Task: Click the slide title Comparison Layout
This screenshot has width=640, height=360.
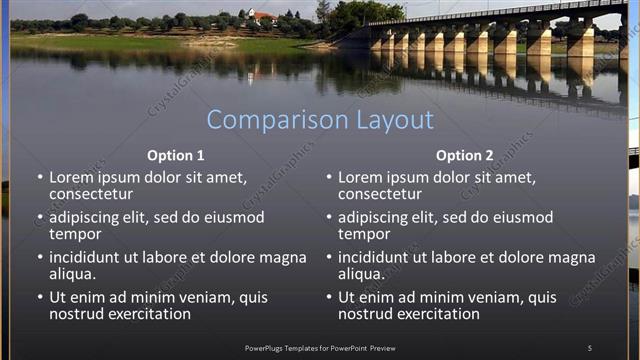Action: (x=320, y=120)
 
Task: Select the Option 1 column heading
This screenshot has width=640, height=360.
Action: (x=176, y=155)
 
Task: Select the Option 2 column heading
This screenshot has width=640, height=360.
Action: (x=464, y=155)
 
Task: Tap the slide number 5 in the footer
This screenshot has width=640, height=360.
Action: (x=589, y=347)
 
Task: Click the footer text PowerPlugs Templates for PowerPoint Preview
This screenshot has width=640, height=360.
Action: (x=319, y=347)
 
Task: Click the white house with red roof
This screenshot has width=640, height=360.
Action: (x=262, y=17)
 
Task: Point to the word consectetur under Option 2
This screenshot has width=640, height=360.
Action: (x=380, y=194)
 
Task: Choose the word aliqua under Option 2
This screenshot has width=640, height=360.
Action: (x=361, y=274)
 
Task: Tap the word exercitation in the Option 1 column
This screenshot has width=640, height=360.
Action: (x=143, y=314)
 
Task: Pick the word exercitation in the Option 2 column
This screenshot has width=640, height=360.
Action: (x=432, y=314)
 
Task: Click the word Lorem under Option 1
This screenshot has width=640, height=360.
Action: (x=71, y=177)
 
